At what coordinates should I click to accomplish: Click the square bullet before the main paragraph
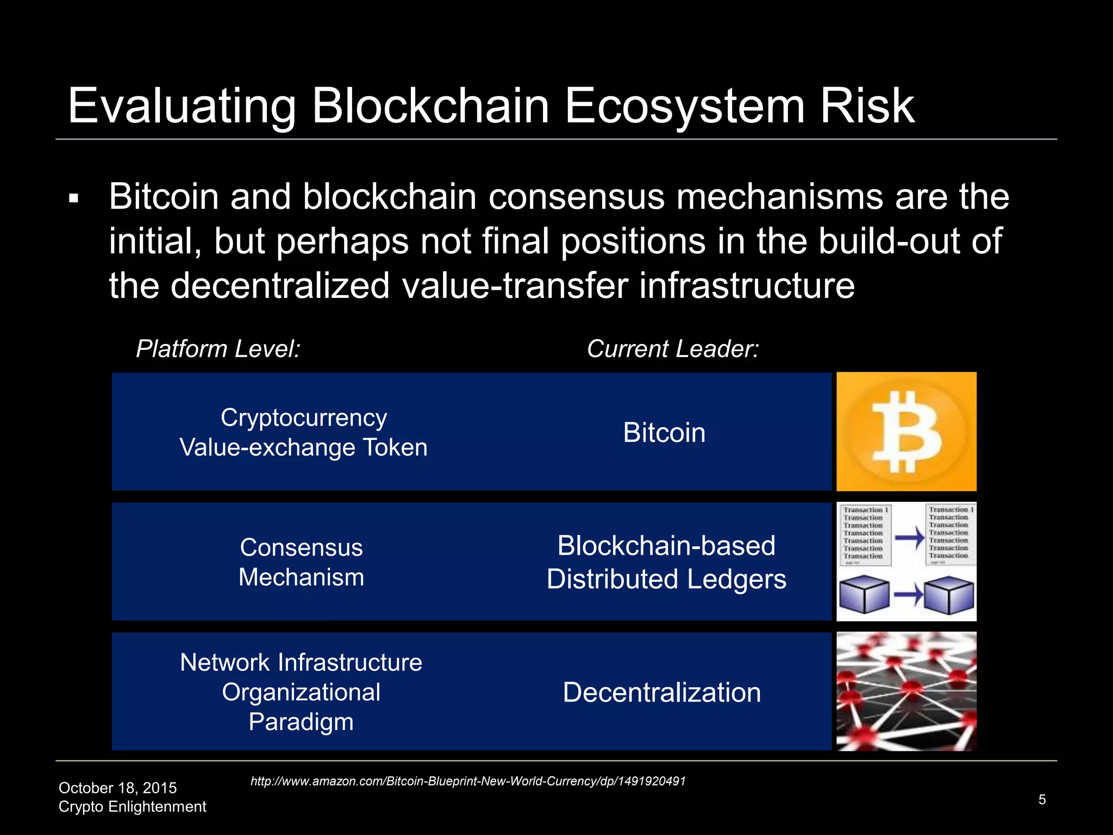(x=74, y=199)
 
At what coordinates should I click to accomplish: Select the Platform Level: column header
(x=218, y=348)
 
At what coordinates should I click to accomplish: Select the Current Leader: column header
(x=672, y=348)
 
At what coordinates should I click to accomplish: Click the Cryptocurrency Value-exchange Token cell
(x=303, y=432)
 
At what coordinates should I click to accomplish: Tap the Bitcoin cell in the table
(x=664, y=433)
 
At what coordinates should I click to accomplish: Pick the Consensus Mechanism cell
(x=301, y=562)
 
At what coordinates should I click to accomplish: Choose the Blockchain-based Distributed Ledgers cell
(x=666, y=562)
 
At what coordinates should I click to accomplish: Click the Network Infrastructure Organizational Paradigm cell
(x=301, y=691)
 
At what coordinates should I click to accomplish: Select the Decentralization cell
(x=661, y=692)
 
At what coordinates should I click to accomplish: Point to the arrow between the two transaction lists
(x=909, y=538)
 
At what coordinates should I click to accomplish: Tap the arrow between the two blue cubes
(x=908, y=595)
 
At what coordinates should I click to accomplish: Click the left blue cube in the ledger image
(x=864, y=595)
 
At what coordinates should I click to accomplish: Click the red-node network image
(x=906, y=691)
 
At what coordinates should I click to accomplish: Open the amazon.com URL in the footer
(x=467, y=781)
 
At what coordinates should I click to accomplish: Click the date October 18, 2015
(x=117, y=788)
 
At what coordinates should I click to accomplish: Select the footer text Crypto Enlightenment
(x=132, y=806)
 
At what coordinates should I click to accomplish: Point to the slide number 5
(x=1042, y=799)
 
